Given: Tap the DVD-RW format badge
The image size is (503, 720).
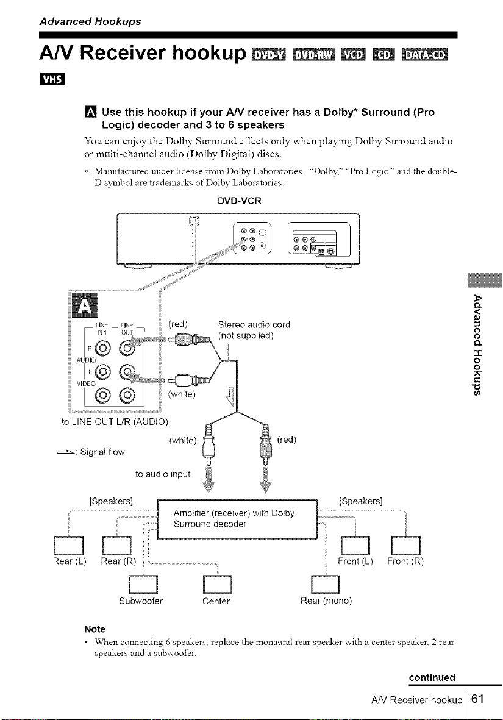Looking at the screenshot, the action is coord(314,54).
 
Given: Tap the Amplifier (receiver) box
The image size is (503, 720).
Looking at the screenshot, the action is coord(238,519).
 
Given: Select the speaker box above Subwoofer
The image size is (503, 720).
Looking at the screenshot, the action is coord(144,584).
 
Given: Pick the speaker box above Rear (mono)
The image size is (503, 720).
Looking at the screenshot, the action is coord(326,584).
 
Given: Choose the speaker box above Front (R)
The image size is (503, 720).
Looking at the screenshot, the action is coord(406,545).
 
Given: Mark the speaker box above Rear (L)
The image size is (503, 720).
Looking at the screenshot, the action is coord(69,545).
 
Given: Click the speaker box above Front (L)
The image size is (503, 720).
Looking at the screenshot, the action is coord(355,545).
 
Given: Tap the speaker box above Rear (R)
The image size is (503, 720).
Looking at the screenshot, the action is coord(117,545).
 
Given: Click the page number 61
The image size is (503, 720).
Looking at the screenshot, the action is coord(478,699).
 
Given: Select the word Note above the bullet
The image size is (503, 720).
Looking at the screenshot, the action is coord(95,629).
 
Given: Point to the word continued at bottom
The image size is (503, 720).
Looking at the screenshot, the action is coord(432,677).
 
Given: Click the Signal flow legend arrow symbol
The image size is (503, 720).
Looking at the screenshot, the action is coord(66,452).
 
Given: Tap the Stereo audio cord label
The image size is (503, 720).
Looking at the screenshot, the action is coord(254,325).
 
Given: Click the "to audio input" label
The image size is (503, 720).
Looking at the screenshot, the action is coord(163,474).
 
